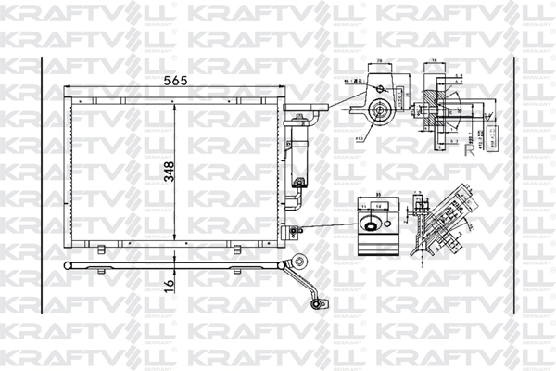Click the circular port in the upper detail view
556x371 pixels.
(379, 112)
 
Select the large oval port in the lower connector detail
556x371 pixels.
(371, 224)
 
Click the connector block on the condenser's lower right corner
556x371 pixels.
(294, 231)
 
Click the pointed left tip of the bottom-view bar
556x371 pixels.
(62, 265)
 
